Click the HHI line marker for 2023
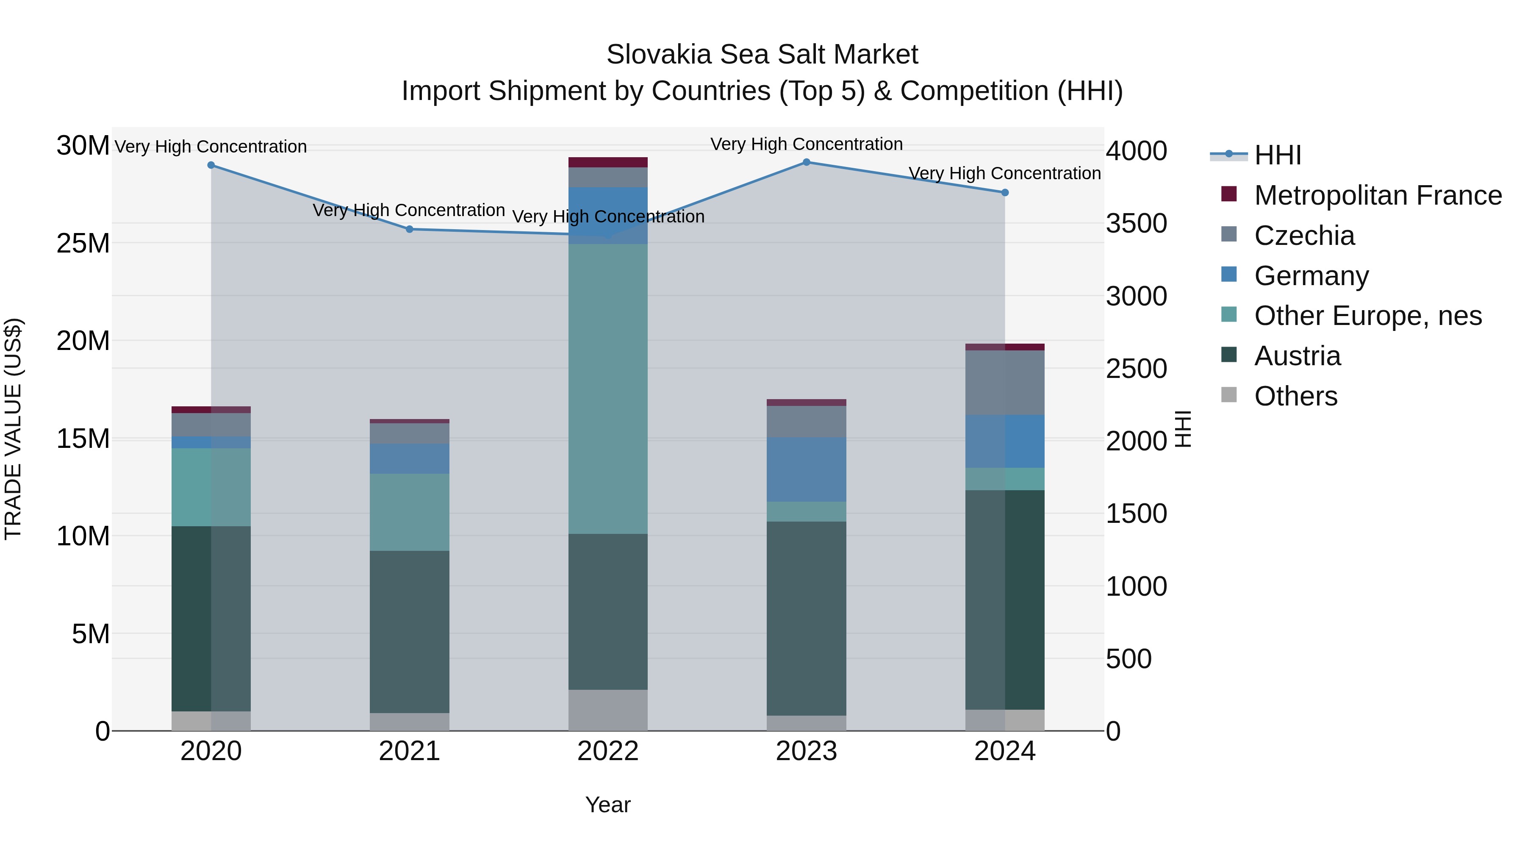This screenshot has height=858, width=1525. pyautogui.click(x=806, y=162)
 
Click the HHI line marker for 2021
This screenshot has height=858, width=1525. pyautogui.click(x=410, y=229)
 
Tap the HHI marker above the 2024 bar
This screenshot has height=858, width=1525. pyautogui.click(x=1005, y=192)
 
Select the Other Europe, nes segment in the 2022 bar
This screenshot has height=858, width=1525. pyautogui.click(x=608, y=389)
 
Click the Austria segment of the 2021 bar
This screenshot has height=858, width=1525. pyautogui.click(x=410, y=631)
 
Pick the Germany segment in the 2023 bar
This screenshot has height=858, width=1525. pyautogui.click(x=806, y=469)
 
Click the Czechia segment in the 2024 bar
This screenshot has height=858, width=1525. pyautogui.click(x=1005, y=383)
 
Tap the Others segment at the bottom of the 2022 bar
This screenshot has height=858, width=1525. pyautogui.click(x=608, y=710)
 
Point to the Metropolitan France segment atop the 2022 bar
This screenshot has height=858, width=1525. pyautogui.click(x=608, y=162)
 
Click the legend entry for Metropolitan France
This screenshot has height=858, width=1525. pyautogui.click(x=1378, y=195)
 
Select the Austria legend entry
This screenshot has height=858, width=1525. pyautogui.click(x=1297, y=356)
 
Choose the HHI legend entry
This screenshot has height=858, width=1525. pyautogui.click(x=1278, y=155)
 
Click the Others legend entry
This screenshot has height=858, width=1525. pyautogui.click(x=1295, y=396)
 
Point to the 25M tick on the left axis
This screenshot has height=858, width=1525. pyautogui.click(x=83, y=243)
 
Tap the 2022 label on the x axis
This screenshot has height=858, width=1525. pyautogui.click(x=608, y=751)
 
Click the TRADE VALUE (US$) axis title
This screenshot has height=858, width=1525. pyautogui.click(x=13, y=429)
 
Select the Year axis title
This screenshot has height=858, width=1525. pyautogui.click(x=608, y=805)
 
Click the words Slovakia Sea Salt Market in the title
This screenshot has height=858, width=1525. pyautogui.click(x=762, y=55)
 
